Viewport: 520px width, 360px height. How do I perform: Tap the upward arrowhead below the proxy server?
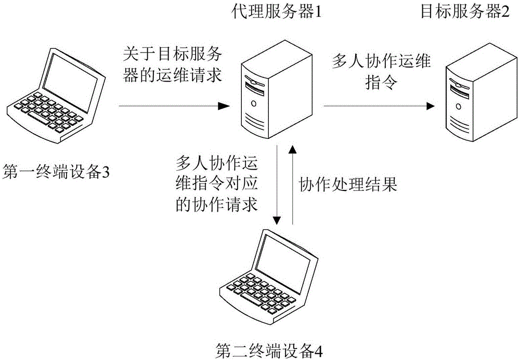pyautogui.click(x=293, y=150)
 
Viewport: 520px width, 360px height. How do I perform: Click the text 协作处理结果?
pyautogui.click(x=348, y=185)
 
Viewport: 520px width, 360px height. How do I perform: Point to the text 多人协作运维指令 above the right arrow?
pyautogui.click(x=381, y=72)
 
